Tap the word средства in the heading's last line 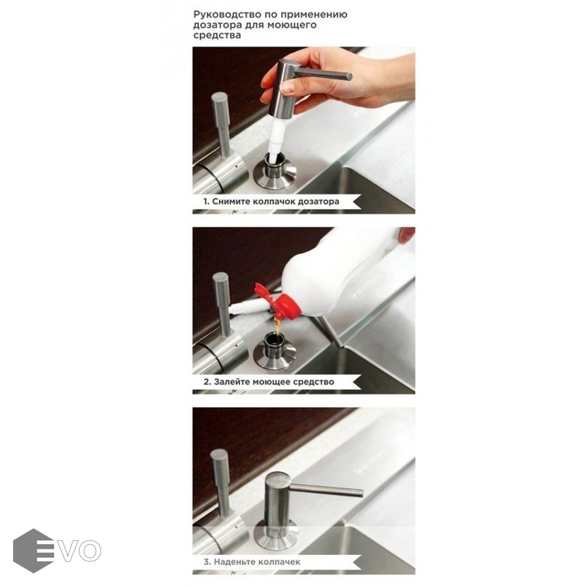(217, 36)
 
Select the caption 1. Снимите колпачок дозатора (271, 202)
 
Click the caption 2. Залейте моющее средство (269, 382)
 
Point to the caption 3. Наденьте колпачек (252, 562)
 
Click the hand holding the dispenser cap (337, 77)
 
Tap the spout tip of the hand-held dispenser (350, 76)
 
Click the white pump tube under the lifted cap (277, 138)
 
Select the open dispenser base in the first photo (275, 174)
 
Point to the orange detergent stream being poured (277, 325)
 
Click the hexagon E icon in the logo (33, 550)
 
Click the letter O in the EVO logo (90, 550)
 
